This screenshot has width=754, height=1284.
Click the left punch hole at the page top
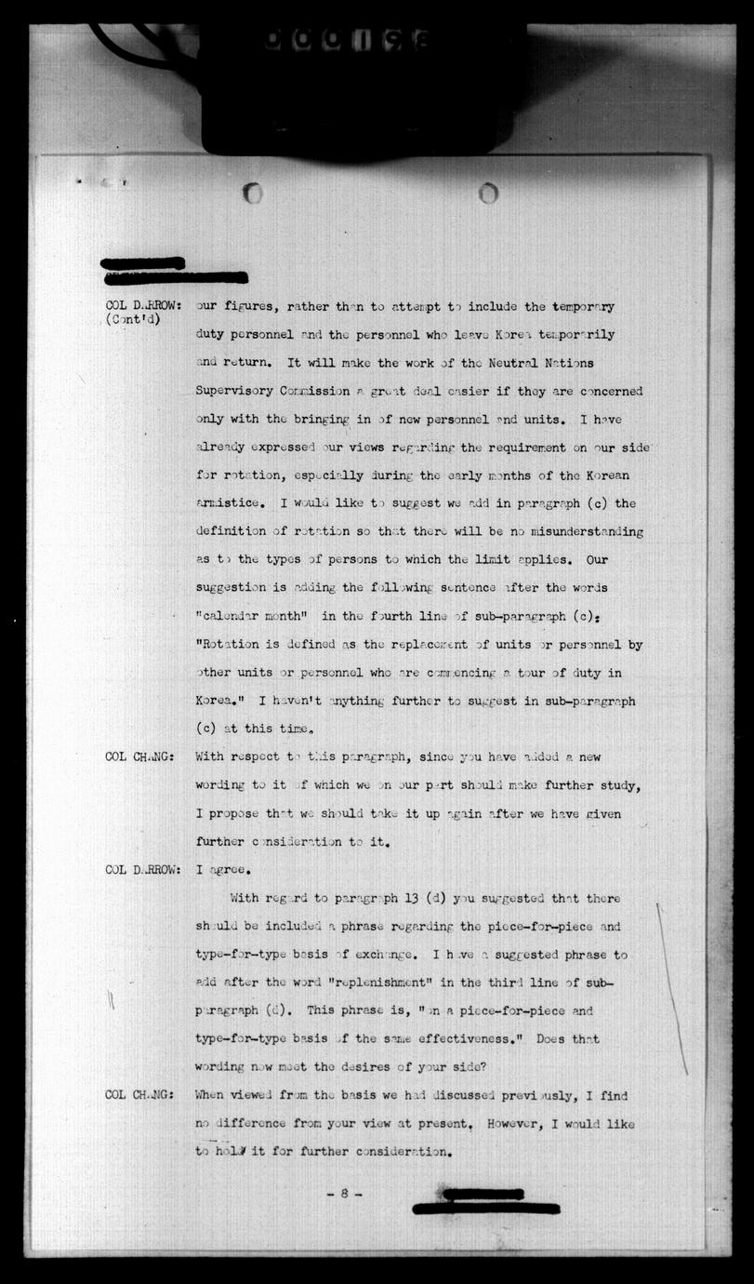(x=252, y=193)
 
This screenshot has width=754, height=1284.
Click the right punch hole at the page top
(x=488, y=193)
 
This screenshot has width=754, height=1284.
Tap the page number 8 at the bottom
(x=343, y=1193)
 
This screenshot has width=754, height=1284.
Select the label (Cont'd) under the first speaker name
(x=134, y=320)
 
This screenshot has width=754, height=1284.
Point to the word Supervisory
(x=237, y=391)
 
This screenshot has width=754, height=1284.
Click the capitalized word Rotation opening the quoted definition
(x=228, y=645)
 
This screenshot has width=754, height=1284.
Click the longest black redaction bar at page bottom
(x=485, y=1209)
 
